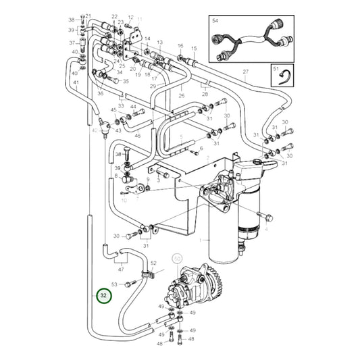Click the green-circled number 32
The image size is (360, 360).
[103, 295]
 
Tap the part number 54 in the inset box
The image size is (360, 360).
[215, 22]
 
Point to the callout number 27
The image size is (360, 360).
[246, 72]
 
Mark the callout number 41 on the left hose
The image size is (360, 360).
[76, 83]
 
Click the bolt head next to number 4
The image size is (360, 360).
[268, 217]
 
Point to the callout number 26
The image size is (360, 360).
[181, 96]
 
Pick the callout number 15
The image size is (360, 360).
[194, 49]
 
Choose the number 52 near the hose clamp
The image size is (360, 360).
[153, 263]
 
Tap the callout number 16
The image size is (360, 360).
[180, 46]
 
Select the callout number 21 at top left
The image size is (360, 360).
[88, 15]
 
